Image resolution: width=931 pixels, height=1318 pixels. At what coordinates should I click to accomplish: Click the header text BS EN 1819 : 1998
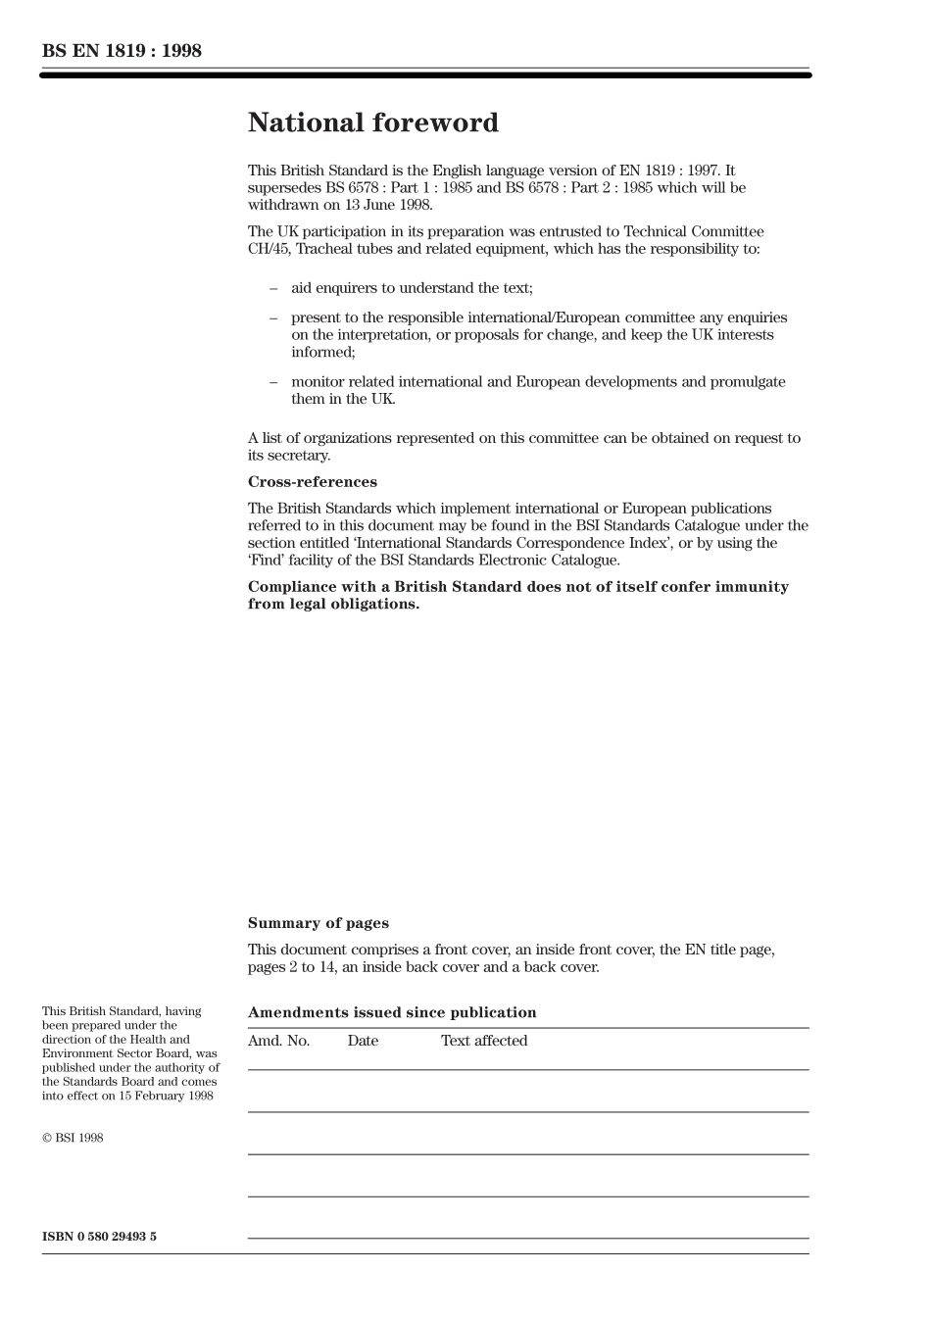click(122, 51)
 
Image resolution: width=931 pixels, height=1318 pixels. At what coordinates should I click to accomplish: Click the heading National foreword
click(372, 123)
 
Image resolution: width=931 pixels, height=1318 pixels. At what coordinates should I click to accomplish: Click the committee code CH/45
click(268, 249)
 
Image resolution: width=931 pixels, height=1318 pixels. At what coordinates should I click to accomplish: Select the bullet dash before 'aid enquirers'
click(273, 288)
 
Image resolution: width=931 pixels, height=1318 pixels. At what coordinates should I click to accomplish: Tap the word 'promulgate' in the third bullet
click(750, 382)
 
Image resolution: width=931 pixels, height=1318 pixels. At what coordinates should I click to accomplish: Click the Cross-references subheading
click(312, 482)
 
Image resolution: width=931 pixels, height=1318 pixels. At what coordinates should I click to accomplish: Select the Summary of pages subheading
click(318, 923)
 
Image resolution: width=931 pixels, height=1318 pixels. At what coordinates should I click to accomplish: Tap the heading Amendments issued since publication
click(392, 1012)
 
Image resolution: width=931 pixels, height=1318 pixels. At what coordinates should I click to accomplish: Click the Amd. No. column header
click(278, 1041)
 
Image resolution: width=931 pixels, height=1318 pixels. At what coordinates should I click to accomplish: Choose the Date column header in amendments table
click(362, 1041)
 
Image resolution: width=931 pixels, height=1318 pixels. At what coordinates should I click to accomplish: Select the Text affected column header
click(483, 1041)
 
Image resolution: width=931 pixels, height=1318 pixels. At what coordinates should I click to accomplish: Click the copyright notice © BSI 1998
click(73, 1138)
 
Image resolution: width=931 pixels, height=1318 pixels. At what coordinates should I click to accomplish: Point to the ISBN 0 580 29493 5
click(99, 1237)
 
